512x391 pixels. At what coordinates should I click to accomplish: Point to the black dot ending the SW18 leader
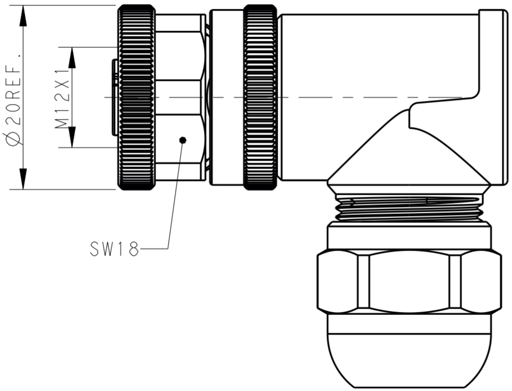click(183, 140)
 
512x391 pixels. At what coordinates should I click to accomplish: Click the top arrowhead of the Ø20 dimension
click(23, 16)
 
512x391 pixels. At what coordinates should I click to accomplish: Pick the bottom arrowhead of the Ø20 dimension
click(23, 178)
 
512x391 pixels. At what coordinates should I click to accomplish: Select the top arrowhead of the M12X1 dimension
click(73, 57)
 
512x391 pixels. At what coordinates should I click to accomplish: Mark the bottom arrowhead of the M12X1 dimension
click(73, 137)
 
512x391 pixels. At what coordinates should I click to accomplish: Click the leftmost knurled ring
click(136, 97)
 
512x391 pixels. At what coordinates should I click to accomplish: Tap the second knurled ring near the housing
click(260, 97)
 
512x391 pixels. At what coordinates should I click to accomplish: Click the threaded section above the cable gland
click(409, 209)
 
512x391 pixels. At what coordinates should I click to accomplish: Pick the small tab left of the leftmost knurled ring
click(114, 97)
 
